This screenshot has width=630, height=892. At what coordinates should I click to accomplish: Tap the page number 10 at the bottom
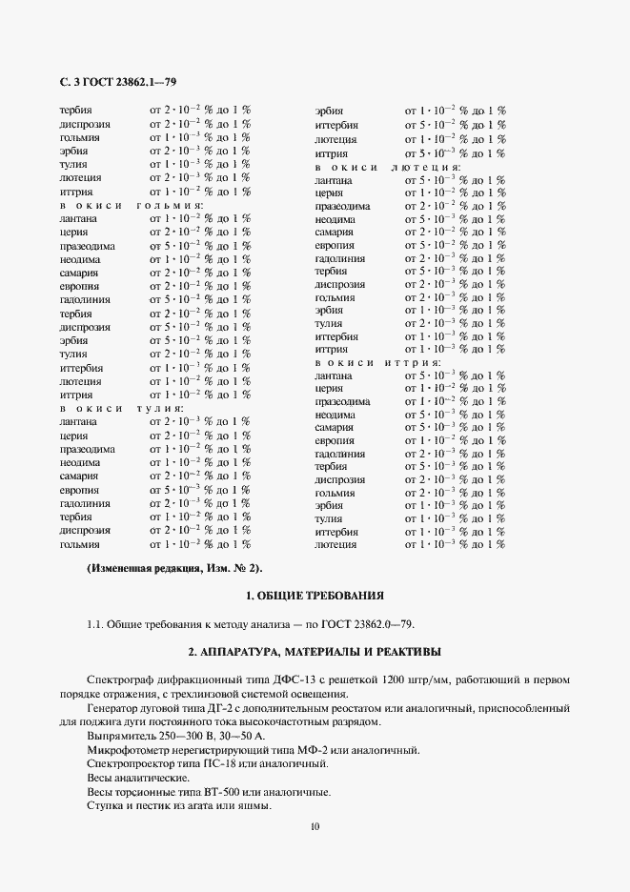coord(315,826)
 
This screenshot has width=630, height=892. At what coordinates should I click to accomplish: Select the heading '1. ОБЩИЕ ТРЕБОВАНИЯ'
coord(315,597)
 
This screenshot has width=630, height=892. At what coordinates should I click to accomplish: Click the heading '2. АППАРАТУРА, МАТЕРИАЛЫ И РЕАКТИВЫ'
coord(315,653)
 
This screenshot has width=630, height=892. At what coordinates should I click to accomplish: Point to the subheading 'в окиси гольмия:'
coord(130,205)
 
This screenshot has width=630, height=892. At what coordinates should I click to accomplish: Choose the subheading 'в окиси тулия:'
coord(121,408)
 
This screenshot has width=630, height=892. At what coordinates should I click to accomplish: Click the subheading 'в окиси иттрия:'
coord(377,363)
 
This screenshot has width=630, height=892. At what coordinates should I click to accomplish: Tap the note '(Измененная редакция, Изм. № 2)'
coord(174,569)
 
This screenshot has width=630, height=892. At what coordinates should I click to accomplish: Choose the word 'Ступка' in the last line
coord(104,805)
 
